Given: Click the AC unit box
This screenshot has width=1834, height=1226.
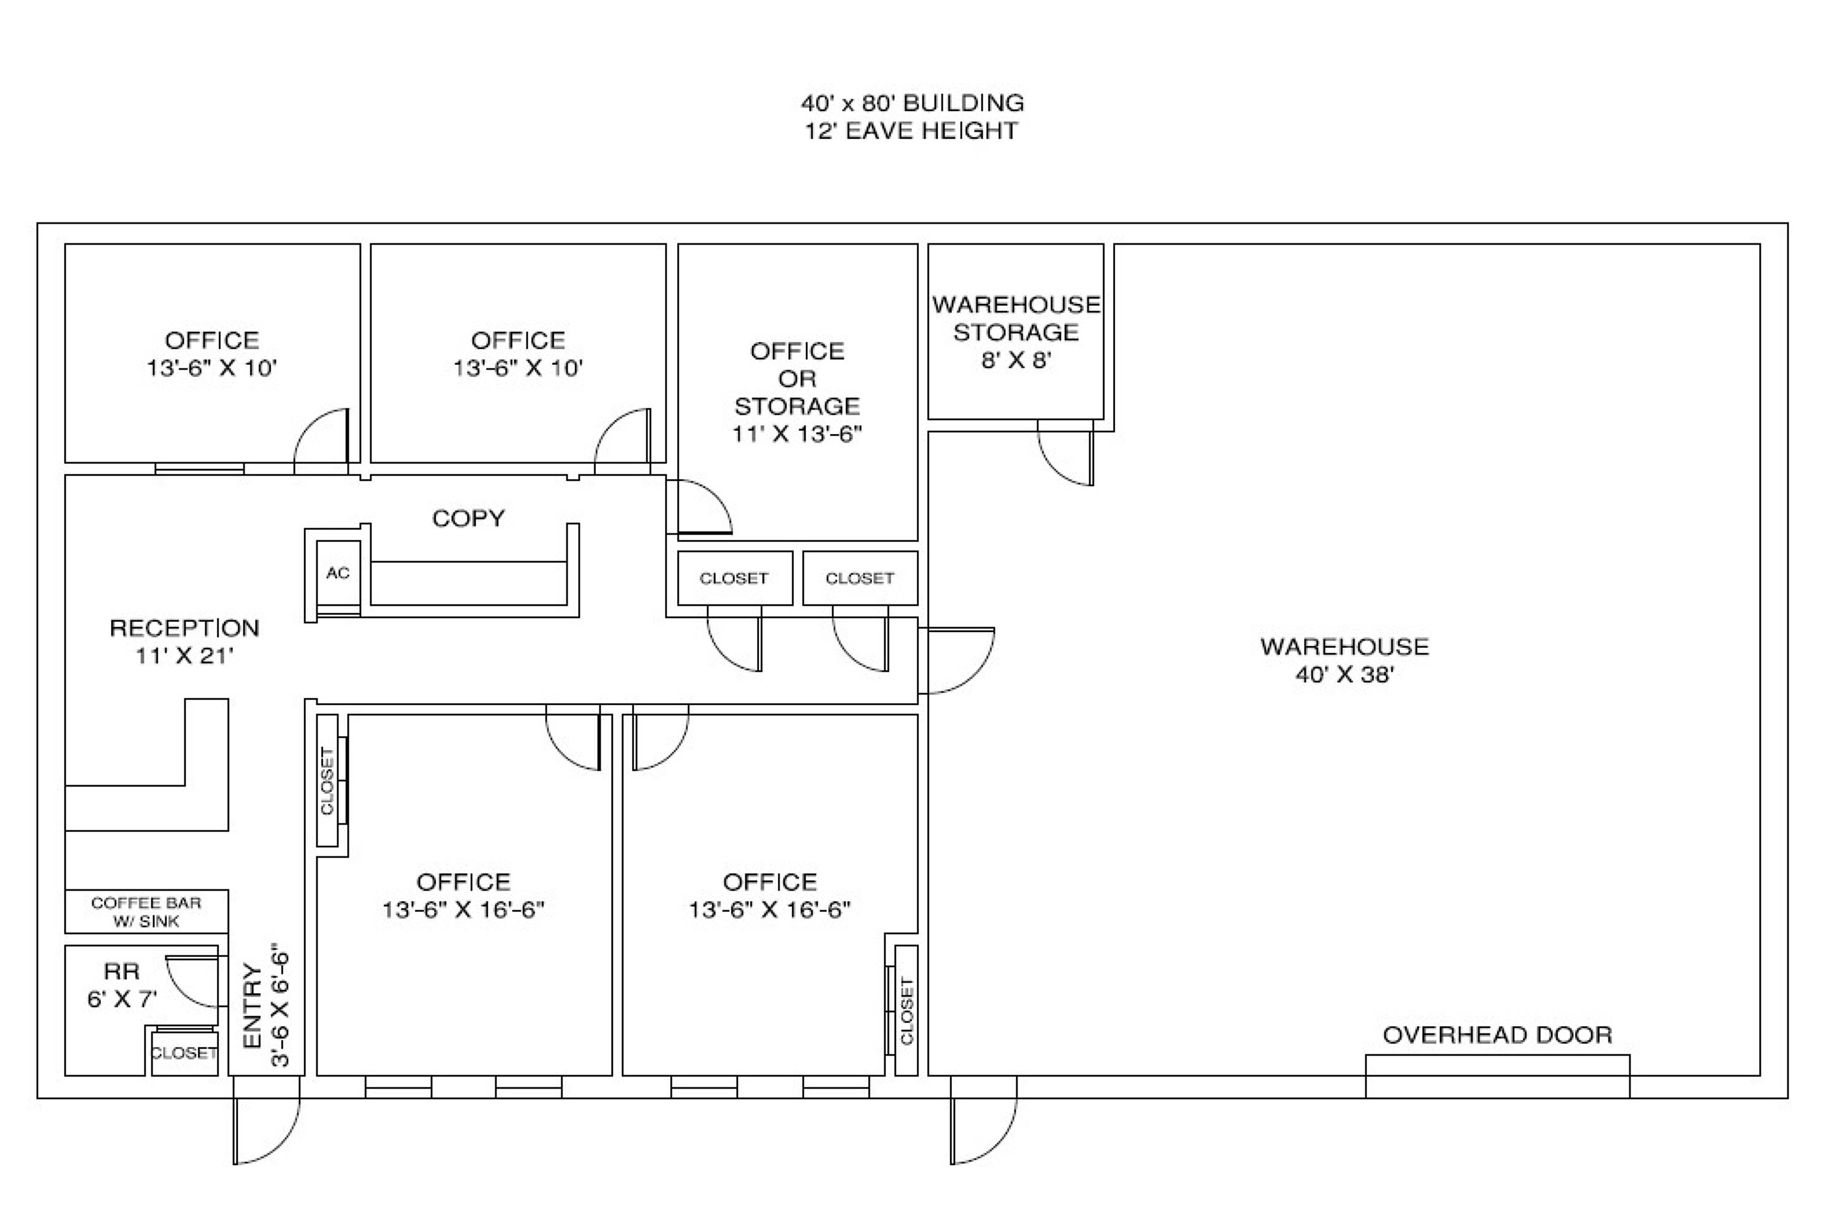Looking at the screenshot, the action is coord(338,573).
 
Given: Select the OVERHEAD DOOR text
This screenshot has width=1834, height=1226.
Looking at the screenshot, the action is coord(1497,1035).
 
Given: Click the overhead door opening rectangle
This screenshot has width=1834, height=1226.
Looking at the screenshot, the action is coord(1497,1076).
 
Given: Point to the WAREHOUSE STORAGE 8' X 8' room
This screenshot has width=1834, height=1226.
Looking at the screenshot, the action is coord(1016,332).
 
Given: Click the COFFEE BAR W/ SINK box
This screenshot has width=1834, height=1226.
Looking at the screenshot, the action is coord(146,911).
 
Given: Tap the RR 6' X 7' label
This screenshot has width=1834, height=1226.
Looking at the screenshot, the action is coord(122,984).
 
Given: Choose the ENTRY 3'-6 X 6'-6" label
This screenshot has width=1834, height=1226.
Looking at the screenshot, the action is coord(266,1008).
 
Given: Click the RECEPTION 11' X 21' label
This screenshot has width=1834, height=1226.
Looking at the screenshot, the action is coord(185,641).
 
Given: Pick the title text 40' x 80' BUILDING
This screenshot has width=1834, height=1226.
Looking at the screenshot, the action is coord(912,102).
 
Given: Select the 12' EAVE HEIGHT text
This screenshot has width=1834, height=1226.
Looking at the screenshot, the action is coord(912,131).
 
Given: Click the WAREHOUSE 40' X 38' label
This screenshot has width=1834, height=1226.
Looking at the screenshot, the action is coord(1345,660).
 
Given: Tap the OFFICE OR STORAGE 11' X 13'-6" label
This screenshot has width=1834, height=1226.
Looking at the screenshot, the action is coord(797,392).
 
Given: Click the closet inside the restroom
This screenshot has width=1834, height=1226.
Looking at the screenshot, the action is coord(185,1053).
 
